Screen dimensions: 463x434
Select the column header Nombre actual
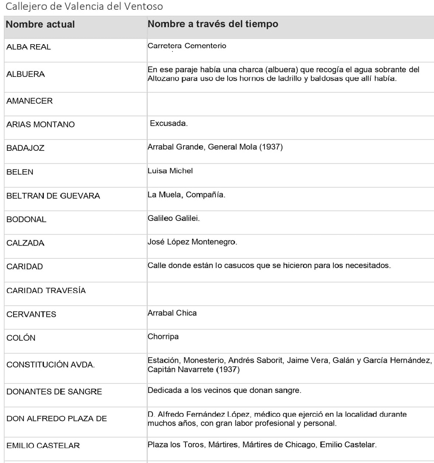pos(40,25)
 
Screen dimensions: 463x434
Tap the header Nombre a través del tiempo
pos(213,24)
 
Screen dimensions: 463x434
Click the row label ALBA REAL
pos(28,47)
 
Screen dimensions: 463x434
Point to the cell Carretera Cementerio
pos(186,46)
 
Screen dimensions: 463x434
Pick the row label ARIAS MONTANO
pos(40,125)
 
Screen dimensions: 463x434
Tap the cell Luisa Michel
pos(170,171)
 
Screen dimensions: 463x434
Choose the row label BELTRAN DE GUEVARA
pos(53,196)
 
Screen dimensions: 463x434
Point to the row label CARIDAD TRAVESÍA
pos(46,291)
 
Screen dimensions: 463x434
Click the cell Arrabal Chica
pos(172,313)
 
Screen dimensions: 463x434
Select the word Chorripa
pos(163,337)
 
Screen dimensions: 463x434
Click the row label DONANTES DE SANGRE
pos(54,392)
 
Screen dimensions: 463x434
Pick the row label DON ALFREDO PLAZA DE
pos(56,419)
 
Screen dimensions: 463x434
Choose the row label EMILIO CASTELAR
pos(43,446)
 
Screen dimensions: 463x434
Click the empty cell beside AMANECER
pos(289,101)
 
